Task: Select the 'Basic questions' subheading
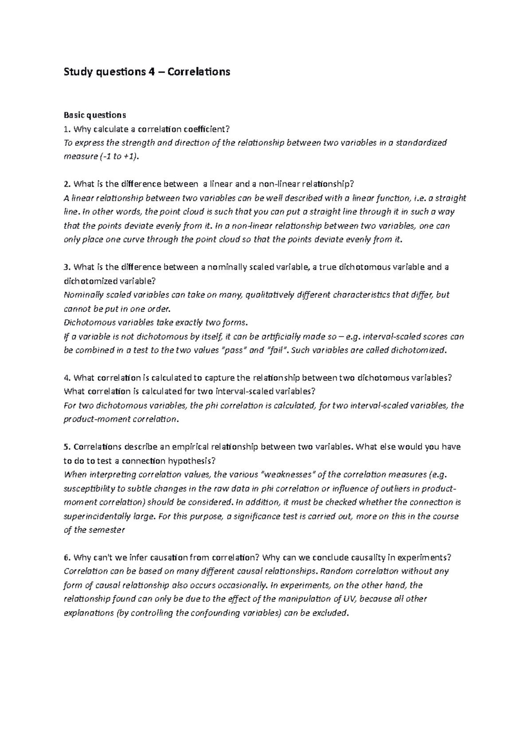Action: [95, 115]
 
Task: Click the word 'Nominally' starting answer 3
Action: [83, 295]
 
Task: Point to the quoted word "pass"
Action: [234, 350]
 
